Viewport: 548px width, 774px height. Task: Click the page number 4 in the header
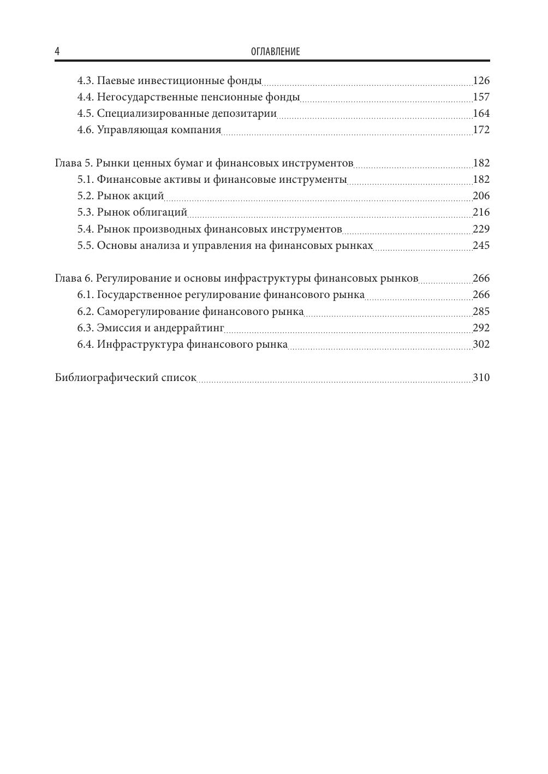[57, 52]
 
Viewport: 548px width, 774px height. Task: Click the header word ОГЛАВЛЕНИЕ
[275, 52]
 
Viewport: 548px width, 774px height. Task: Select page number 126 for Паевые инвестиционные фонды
[481, 81]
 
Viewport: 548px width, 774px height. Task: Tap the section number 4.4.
[85, 97]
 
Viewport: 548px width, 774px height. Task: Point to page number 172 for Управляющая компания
[481, 130]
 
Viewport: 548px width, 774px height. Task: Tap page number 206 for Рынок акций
[481, 196]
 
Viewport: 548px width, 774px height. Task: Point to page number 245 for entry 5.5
[481, 245]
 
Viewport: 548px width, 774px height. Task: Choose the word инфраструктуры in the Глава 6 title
[267, 278]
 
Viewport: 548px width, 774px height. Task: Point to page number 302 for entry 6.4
[481, 344]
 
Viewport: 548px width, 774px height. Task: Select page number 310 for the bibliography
[481, 378]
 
